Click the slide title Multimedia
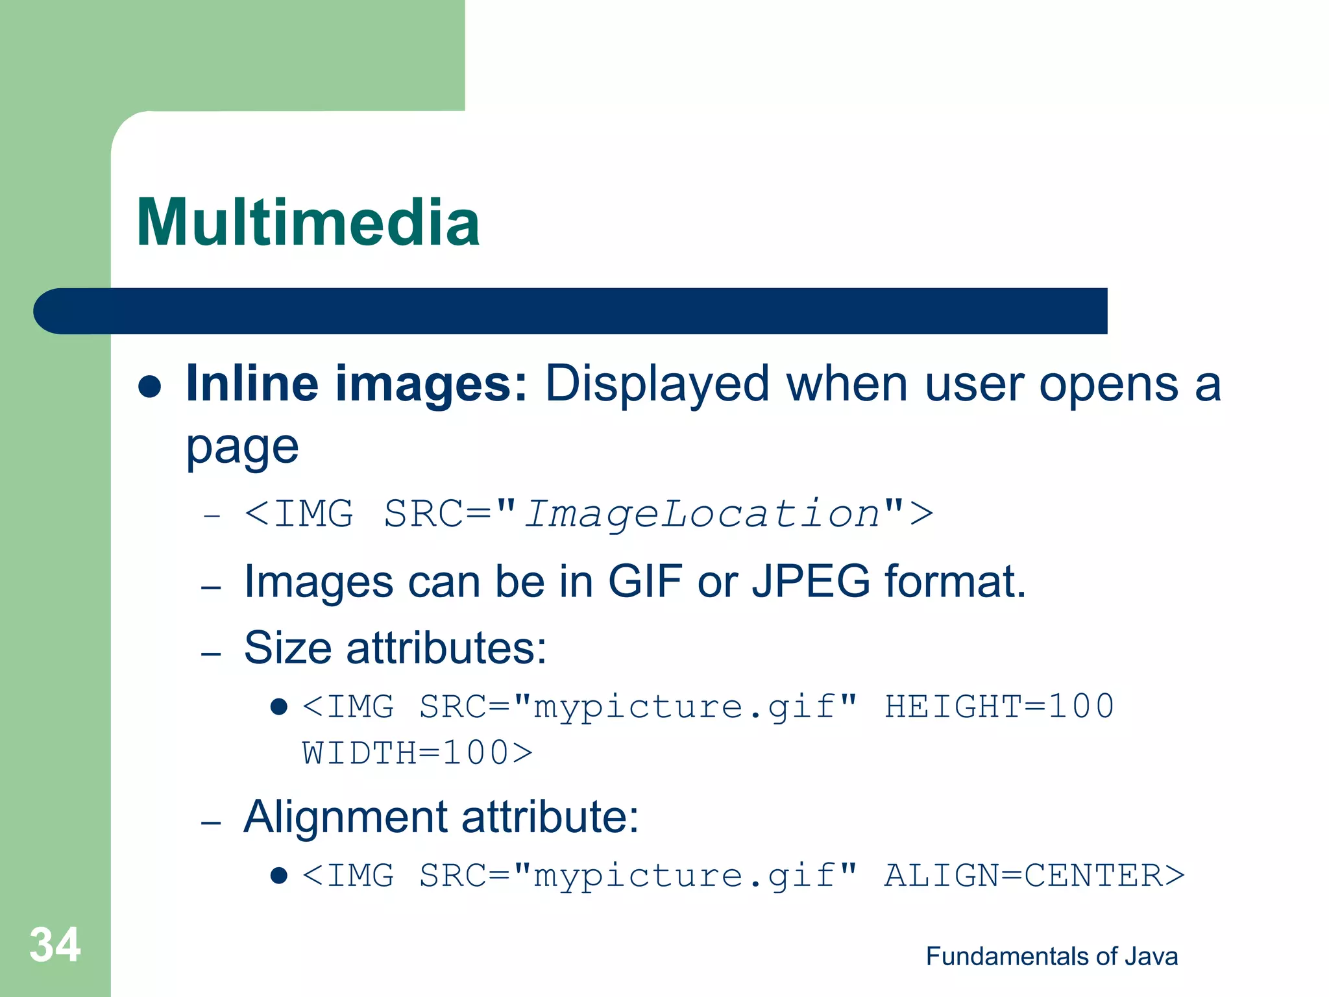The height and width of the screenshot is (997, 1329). (308, 223)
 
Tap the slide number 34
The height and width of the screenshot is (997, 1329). (55, 944)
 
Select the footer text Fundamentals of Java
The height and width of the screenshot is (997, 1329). (1051, 956)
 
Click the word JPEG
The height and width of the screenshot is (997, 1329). (811, 581)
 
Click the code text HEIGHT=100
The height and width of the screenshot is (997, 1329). (999, 706)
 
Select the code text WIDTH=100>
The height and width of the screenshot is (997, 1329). (417, 754)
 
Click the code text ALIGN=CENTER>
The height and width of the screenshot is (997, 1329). (1034, 876)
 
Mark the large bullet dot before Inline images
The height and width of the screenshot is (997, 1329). (150, 386)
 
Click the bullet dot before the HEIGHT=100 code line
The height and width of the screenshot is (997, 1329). (279, 706)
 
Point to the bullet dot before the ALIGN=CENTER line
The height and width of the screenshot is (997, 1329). (279, 876)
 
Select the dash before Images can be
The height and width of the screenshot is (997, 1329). (212, 587)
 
